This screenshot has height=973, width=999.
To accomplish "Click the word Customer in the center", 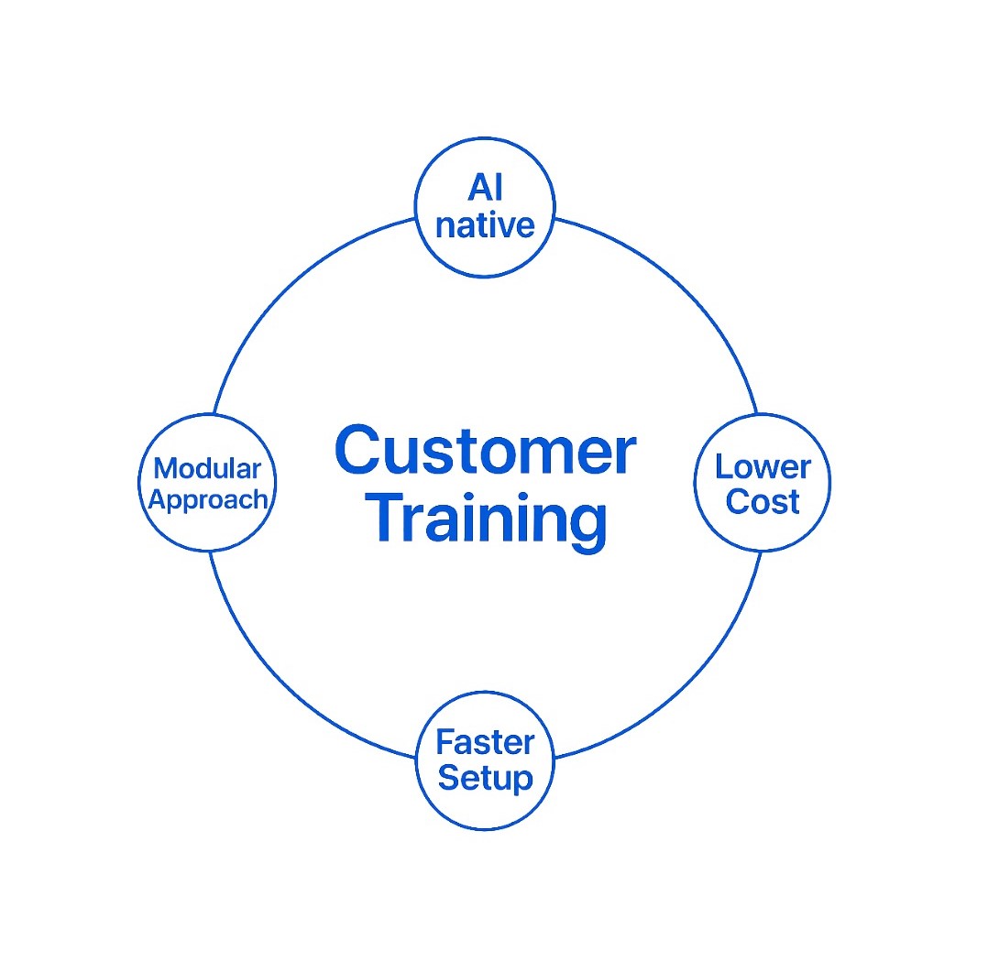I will (x=485, y=452).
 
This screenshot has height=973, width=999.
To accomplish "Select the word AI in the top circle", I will (x=485, y=188).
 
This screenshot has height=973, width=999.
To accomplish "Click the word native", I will (x=485, y=224).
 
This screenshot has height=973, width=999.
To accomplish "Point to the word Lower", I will (x=763, y=466).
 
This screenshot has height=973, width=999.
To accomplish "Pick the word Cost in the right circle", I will (x=763, y=502).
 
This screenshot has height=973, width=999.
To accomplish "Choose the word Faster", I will (x=484, y=741).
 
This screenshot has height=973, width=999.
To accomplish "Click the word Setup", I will (x=485, y=778).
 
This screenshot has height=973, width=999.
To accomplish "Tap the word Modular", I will (x=207, y=468).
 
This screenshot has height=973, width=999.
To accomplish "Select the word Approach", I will (x=208, y=499).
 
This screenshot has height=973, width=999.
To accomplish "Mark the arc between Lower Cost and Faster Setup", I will (x=680, y=679).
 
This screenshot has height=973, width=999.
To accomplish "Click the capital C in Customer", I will (x=358, y=452).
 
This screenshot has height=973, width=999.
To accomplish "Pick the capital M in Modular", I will (x=166, y=468).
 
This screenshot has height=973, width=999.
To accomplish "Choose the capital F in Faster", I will (x=445, y=741).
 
